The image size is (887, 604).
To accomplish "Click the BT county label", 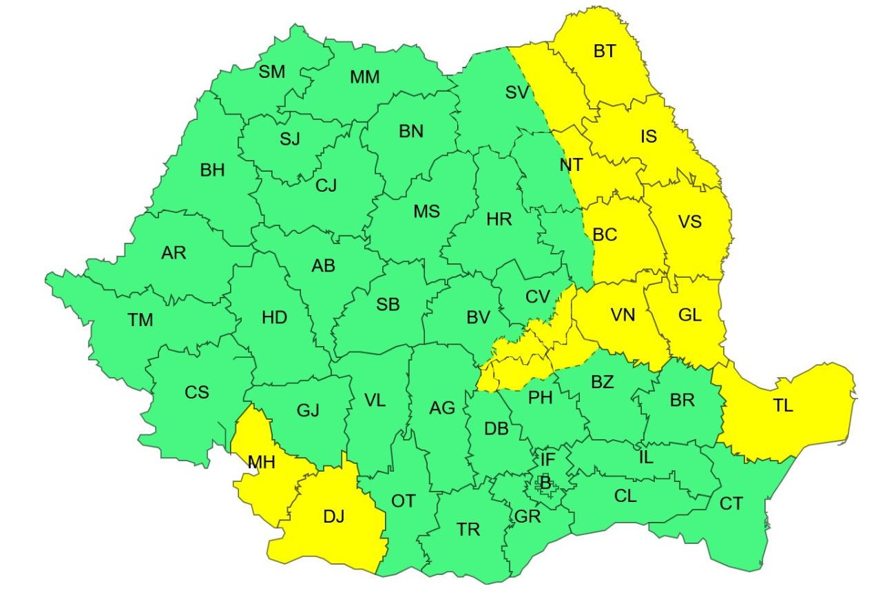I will pyautogui.click(x=604, y=51).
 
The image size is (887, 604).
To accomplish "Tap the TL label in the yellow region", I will pyautogui.click(x=782, y=405).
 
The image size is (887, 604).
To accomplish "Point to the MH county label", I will pyautogui.click(x=262, y=462).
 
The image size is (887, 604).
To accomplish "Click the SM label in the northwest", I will pyautogui.click(x=272, y=72).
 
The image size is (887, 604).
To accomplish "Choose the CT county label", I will pyautogui.click(x=731, y=504).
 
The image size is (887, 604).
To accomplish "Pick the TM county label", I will pyautogui.click(x=140, y=320).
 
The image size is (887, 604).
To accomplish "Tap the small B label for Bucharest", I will pyautogui.click(x=545, y=484).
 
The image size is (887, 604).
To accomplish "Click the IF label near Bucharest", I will pyautogui.click(x=547, y=459).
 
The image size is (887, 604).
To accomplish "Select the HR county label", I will pyautogui.click(x=499, y=220).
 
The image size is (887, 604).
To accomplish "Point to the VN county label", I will pyautogui.click(x=623, y=314).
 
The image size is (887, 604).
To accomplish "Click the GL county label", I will pyautogui.click(x=689, y=315).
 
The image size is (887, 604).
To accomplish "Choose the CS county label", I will pyautogui.click(x=196, y=392).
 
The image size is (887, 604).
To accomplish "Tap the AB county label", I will pyautogui.click(x=323, y=265).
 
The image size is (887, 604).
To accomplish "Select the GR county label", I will pyautogui.click(x=527, y=516).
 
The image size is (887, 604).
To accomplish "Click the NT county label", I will pyautogui.click(x=571, y=165).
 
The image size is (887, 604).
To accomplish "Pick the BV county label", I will pyautogui.click(x=478, y=318).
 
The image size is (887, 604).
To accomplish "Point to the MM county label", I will pyautogui.click(x=364, y=77).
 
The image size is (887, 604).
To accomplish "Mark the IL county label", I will pyautogui.click(x=645, y=456).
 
